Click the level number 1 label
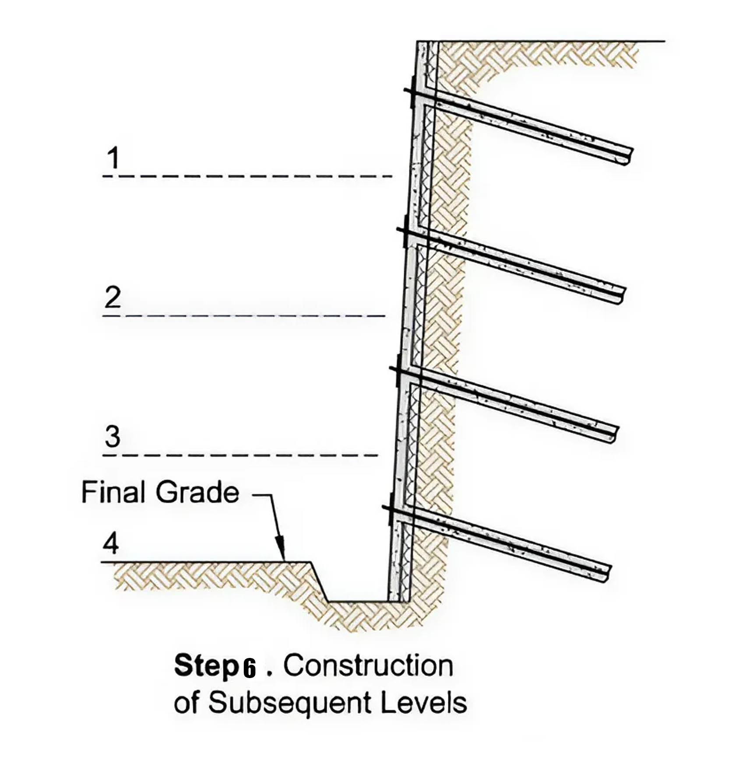tap(113, 158)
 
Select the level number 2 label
tap(113, 298)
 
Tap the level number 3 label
tap(113, 436)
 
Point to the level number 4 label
tap(111, 544)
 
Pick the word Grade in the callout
tap(197, 492)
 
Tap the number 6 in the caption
tap(249, 668)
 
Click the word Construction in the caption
tap(368, 666)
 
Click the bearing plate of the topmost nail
tap(412, 92)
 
